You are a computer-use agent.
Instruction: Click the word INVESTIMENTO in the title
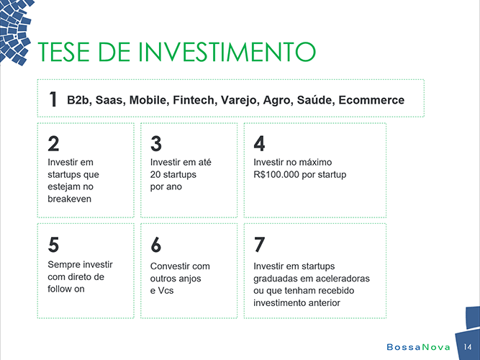click(x=227, y=51)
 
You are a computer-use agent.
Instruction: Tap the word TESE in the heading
click(x=63, y=51)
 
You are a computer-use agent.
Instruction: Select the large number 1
click(x=53, y=99)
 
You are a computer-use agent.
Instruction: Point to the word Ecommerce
click(x=371, y=100)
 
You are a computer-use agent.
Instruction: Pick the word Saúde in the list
click(x=314, y=100)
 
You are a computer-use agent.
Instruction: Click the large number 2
click(x=53, y=144)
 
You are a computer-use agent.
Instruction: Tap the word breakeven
click(x=70, y=199)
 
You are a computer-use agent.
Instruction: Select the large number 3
click(x=156, y=144)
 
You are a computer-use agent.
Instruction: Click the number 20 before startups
click(x=155, y=174)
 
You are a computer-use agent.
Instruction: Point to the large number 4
click(x=259, y=144)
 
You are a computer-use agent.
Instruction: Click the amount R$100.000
click(x=276, y=174)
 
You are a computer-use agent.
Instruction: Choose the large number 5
click(x=53, y=245)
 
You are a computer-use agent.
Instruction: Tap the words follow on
click(x=65, y=289)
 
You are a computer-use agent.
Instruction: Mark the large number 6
click(x=156, y=245)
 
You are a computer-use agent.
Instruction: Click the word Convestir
click(x=169, y=266)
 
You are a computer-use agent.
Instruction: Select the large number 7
click(x=259, y=245)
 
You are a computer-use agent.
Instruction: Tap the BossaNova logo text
click(x=418, y=347)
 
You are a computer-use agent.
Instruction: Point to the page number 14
click(x=468, y=347)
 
